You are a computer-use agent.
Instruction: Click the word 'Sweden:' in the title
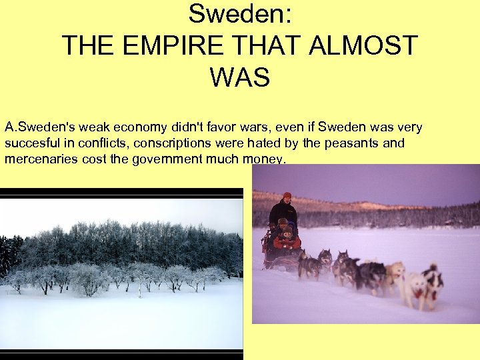(x=240, y=13)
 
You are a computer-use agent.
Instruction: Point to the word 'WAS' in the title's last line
(x=240, y=77)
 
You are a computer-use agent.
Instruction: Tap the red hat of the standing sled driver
(x=287, y=195)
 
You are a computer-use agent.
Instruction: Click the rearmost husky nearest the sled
(x=310, y=265)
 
